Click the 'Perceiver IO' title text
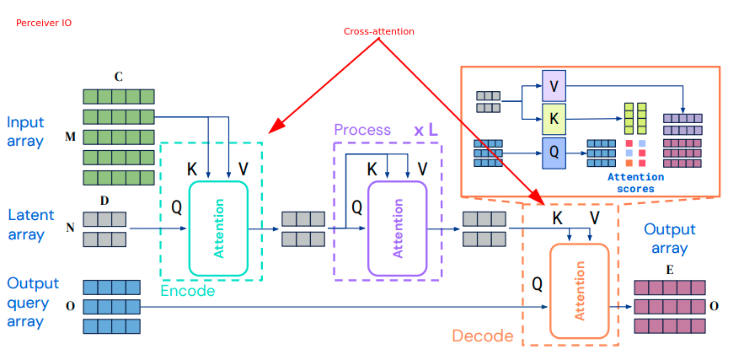click(44, 23)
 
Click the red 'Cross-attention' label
click(378, 31)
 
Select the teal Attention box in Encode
click(218, 228)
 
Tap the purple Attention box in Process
click(398, 228)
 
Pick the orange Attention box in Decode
click(579, 290)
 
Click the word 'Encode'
click(187, 291)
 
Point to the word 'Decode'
click(483, 336)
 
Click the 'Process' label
click(362, 130)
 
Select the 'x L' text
click(426, 131)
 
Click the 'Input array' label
click(25, 132)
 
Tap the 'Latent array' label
click(26, 225)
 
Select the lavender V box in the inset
click(554, 85)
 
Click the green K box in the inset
click(554, 119)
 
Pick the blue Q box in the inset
click(554, 153)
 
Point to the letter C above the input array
click(119, 77)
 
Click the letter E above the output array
click(669, 270)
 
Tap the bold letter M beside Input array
click(70, 137)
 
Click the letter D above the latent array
click(104, 201)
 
